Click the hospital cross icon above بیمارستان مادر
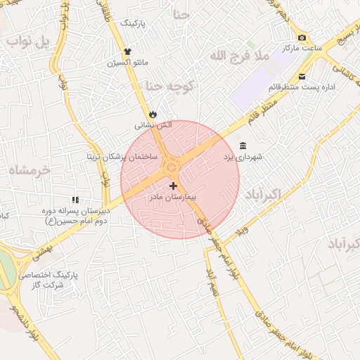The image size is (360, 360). coord(173,185)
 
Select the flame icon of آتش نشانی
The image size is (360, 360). coord(153,114)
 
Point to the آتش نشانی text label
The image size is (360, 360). coord(153,125)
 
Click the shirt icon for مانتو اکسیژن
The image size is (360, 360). coord(127,51)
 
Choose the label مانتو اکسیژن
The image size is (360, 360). coord(127,63)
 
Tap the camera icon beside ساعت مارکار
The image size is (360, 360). coord(302,37)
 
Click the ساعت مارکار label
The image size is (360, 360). coord(302,49)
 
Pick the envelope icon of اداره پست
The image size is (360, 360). coord(302,77)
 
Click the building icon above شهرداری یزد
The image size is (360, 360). coord(243,146)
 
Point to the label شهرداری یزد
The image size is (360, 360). coord(243,157)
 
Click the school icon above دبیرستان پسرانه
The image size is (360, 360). coord(75,200)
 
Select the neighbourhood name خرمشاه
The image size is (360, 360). coord(32,169)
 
